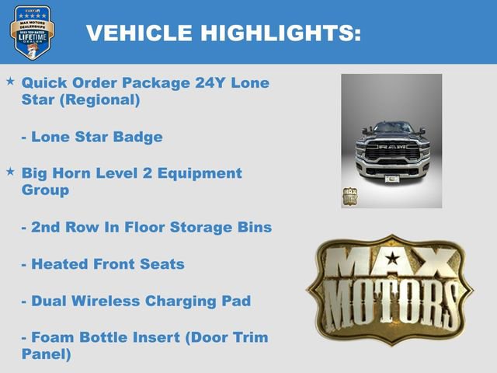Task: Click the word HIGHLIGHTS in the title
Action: (280, 33)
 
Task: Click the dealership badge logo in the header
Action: (32, 33)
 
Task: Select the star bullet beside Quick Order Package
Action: (10, 81)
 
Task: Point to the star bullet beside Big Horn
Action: (10, 171)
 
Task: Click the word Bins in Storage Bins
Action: (252, 227)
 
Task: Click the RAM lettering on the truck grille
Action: (392, 146)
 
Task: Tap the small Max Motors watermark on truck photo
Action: (350, 196)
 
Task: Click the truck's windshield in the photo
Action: (392, 128)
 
